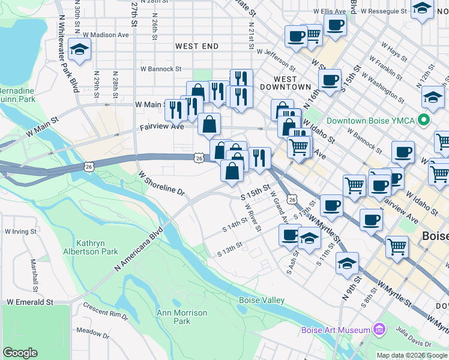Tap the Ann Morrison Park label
(182, 317)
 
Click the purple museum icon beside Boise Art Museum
(379, 329)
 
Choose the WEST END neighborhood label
(197, 46)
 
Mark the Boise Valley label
(262, 300)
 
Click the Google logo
(20, 353)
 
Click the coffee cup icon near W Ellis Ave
(335, 25)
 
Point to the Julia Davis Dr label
(413, 335)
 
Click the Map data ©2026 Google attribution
(412, 355)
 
